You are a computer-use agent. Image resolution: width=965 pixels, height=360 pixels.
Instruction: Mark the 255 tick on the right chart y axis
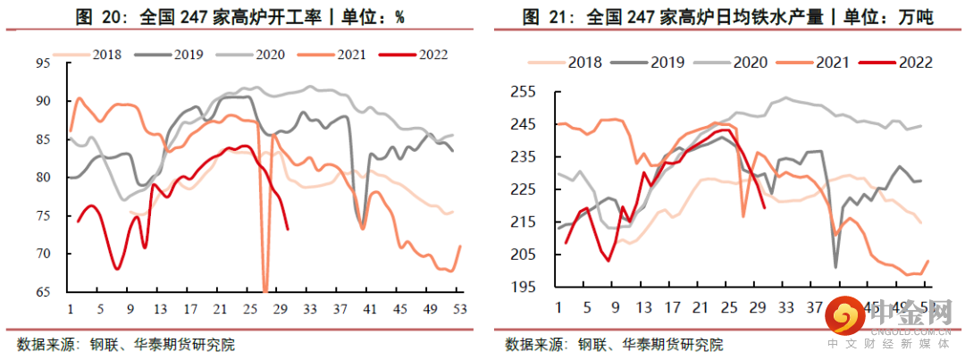pyautogui.click(x=522, y=92)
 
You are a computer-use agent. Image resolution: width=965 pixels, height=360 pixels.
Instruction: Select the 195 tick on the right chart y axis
pyautogui.click(x=522, y=287)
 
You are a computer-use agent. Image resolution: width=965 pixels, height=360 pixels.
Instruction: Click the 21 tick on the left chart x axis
pyautogui.click(x=220, y=309)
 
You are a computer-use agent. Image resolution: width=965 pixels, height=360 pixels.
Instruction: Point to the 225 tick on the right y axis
pyautogui.click(x=522, y=189)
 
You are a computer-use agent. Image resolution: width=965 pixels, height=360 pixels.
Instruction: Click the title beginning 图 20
pyautogui.click(x=242, y=16)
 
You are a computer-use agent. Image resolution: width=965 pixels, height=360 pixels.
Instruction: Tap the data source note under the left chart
pyautogui.click(x=125, y=343)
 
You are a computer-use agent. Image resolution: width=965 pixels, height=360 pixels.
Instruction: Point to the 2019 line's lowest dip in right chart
pyautogui.click(x=835, y=266)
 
